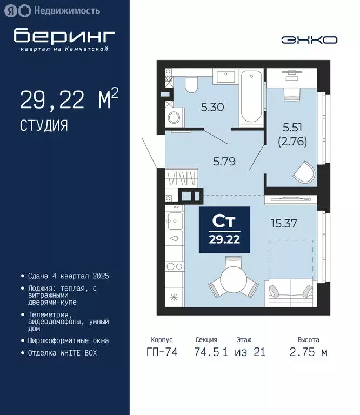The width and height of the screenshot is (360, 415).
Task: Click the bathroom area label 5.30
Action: point(212,107)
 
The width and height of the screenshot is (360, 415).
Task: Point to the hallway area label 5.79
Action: point(225,160)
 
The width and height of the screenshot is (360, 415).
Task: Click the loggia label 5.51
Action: point(292,128)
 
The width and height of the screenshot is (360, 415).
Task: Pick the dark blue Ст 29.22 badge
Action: point(225,230)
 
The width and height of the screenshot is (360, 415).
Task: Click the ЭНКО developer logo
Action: point(309,39)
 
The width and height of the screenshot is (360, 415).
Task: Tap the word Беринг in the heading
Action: point(64,36)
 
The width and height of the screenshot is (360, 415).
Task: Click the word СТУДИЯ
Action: point(44,126)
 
